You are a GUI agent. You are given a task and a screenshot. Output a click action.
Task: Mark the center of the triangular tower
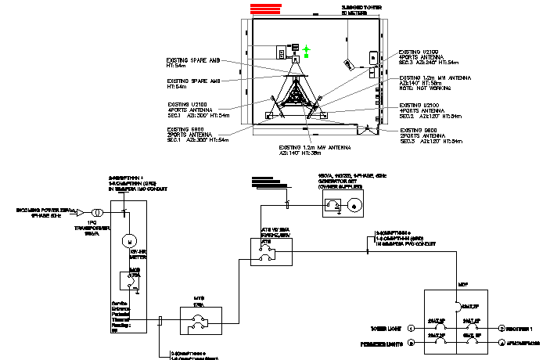coord(296,98)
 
